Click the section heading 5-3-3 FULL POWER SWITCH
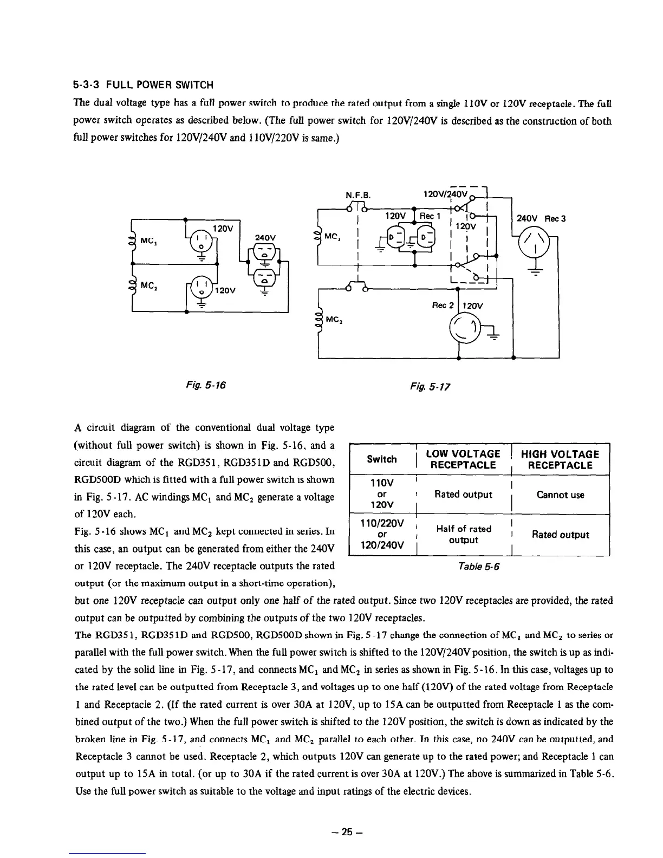tap(143, 84)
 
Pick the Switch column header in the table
tap(381, 459)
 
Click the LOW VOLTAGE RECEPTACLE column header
tap(463, 459)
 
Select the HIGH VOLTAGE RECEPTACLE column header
tap(560, 459)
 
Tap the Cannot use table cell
tap(560, 495)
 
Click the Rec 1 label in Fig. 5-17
tap(431, 216)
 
